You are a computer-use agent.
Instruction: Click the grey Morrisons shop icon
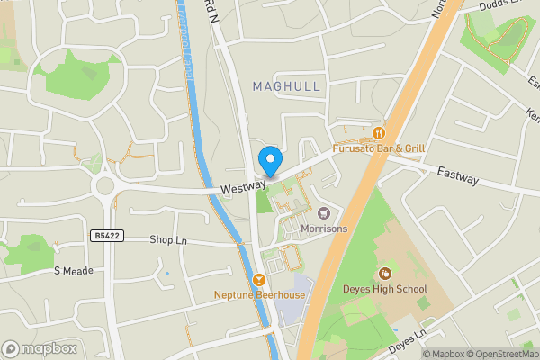324,213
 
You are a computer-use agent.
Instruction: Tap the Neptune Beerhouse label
259,295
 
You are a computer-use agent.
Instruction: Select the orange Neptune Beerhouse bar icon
260,280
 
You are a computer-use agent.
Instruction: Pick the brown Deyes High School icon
386,273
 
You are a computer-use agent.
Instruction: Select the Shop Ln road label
167,240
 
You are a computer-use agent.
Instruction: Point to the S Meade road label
74,271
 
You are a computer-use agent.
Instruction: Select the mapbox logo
40,348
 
